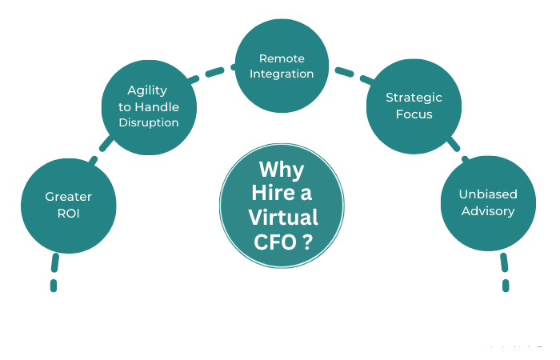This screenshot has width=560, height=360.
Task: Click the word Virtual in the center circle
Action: (282, 217)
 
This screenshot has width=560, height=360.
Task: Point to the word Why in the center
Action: (281, 170)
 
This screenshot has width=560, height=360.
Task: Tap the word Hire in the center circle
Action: (271, 194)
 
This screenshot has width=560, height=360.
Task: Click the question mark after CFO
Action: (307, 241)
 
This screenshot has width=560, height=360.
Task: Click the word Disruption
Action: (148, 122)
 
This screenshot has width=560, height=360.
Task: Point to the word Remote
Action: (282, 58)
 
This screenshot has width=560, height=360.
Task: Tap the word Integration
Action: (282, 74)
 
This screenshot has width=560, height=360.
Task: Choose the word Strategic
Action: (414, 98)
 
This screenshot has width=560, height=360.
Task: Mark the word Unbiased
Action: (487, 194)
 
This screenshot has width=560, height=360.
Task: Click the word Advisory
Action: (487, 211)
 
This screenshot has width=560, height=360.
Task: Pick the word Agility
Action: (148, 91)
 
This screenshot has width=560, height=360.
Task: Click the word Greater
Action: (68, 196)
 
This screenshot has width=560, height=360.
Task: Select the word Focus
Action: (414, 114)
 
